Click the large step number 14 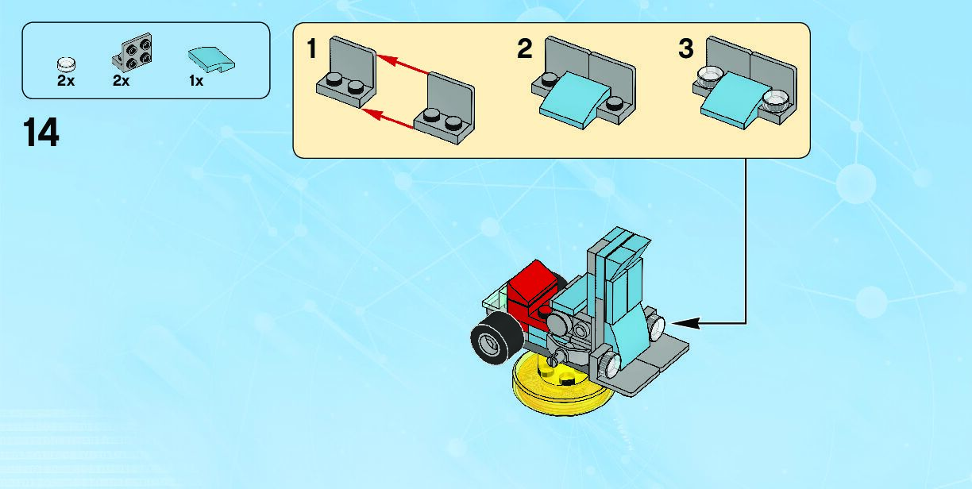41,133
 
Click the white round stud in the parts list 66,62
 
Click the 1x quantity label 196,80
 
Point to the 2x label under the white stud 66,80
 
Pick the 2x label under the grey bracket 121,80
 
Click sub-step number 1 311,50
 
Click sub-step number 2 524,50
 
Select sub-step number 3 686,50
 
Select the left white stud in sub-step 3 707,77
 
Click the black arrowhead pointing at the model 683,322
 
